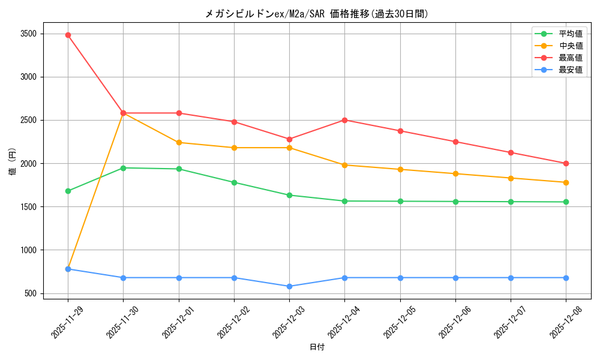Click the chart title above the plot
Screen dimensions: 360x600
(x=317, y=14)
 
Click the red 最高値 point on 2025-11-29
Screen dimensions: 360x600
(x=68, y=35)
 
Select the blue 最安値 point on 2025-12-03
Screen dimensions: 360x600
(x=289, y=286)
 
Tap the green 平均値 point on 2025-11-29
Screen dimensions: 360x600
(x=68, y=191)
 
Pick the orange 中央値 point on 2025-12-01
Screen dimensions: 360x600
(x=179, y=142)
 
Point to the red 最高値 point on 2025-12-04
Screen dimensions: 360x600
(x=344, y=120)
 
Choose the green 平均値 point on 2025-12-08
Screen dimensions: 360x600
(x=566, y=202)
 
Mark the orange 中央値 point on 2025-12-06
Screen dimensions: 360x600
(x=455, y=173)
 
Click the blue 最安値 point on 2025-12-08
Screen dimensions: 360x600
(x=566, y=278)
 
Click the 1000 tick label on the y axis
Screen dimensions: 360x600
(x=29, y=250)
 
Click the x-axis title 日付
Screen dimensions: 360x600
(x=317, y=347)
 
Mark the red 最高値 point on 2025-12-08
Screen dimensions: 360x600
(x=566, y=163)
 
